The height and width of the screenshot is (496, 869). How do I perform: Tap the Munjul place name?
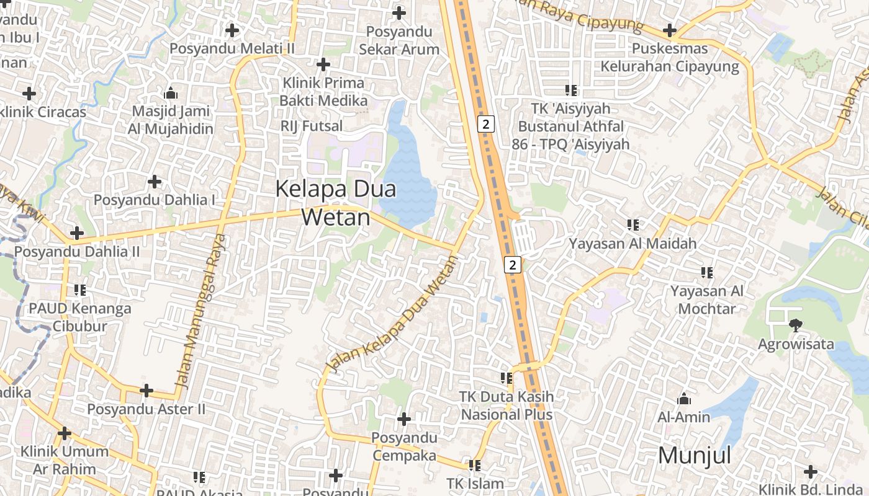694,456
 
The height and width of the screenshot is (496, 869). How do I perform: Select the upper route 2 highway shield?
486,124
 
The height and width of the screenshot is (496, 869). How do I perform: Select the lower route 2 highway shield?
512,265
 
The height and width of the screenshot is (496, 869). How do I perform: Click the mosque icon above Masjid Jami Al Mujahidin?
171,94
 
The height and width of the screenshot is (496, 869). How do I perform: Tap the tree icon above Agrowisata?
795,325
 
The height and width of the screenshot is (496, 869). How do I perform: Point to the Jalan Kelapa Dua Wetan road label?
392,314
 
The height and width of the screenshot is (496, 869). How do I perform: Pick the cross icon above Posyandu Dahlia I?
155,182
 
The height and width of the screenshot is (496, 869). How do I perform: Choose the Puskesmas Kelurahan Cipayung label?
669,58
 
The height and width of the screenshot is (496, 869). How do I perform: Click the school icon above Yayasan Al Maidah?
633,224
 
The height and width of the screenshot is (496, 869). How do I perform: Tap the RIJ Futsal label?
312,126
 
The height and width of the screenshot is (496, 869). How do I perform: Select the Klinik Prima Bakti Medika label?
323,92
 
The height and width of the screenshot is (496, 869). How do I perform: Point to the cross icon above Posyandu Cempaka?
404,420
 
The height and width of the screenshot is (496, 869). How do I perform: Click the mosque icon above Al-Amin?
684,399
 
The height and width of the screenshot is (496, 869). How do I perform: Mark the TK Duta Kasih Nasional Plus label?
506,405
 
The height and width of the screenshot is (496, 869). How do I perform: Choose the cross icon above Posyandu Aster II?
146,391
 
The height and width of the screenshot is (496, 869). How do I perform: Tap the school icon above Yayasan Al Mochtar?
706,272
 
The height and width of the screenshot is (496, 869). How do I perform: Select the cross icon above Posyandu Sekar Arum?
399,12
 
